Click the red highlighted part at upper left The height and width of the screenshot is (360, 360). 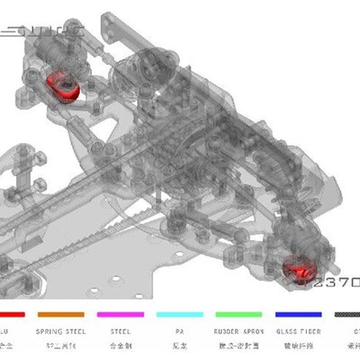tap(62, 84)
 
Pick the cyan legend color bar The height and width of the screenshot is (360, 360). tap(179, 315)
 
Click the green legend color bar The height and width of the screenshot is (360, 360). tap(238, 315)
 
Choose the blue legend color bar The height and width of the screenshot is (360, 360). tap(298, 315)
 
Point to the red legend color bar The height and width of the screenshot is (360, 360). tap(9, 315)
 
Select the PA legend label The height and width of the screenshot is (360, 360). tap(179, 330)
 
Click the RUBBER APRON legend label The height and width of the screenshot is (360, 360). tap(238, 330)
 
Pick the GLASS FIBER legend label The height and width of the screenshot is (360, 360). tap(298, 330)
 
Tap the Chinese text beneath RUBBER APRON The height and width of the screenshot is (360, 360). tap(238, 345)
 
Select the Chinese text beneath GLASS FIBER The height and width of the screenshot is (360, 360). tap(298, 345)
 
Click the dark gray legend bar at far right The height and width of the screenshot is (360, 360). tap(347, 315)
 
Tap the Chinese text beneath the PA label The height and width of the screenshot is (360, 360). tap(179, 345)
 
